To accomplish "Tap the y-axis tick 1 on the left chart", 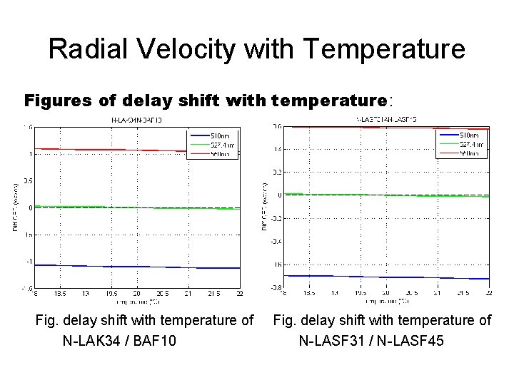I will (x=29, y=153).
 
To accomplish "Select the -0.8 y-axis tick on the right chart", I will (x=276, y=287).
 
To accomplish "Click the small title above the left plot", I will (x=136, y=120).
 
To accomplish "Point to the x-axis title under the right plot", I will (x=386, y=300).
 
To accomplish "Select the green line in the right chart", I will (x=385, y=195).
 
